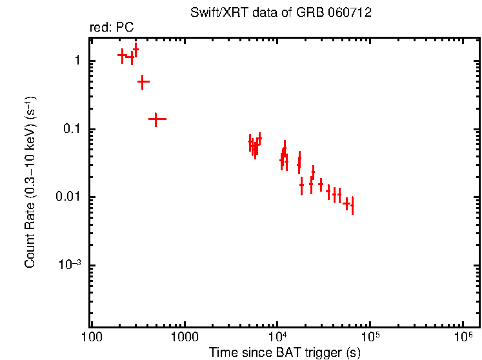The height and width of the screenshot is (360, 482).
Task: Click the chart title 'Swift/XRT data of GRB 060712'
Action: coord(281,13)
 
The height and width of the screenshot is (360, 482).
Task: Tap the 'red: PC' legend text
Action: coord(111,28)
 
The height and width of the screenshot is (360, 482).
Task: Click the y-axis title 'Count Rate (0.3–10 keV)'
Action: coord(30,183)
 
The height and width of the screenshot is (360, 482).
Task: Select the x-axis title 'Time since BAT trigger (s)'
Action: coord(284,352)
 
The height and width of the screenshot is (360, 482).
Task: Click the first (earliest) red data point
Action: coord(121,55)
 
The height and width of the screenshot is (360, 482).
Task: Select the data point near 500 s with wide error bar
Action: coord(157,119)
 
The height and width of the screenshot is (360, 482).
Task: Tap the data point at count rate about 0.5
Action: coord(143,82)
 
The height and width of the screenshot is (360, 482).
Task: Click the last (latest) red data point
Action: coord(352,206)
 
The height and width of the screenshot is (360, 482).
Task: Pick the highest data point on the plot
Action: coord(136,49)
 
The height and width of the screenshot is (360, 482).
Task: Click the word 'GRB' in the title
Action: coord(323,13)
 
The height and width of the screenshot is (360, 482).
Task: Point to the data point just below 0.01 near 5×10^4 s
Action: coord(346,204)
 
